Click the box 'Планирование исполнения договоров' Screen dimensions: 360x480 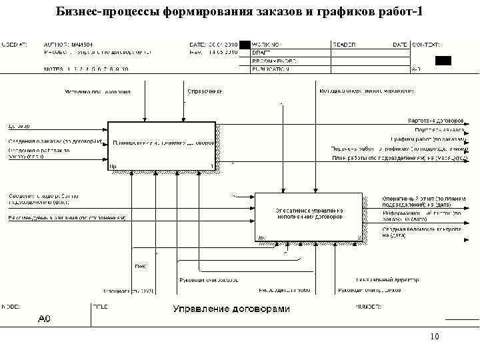tap(162, 143)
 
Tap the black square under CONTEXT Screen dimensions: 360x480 tap(443, 60)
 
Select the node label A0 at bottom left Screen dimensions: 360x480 tap(44, 318)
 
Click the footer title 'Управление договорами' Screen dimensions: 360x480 tap(231, 309)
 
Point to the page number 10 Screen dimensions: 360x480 tap(435, 337)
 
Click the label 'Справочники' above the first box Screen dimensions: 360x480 tap(205, 91)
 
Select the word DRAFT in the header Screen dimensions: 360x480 tap(261, 52)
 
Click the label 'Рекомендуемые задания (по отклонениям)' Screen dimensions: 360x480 tap(67, 218)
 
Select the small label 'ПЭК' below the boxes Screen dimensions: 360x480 tap(141, 267)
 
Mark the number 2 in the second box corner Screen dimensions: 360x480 tap(359, 237)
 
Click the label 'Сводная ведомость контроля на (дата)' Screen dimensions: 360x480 tap(421, 231)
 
